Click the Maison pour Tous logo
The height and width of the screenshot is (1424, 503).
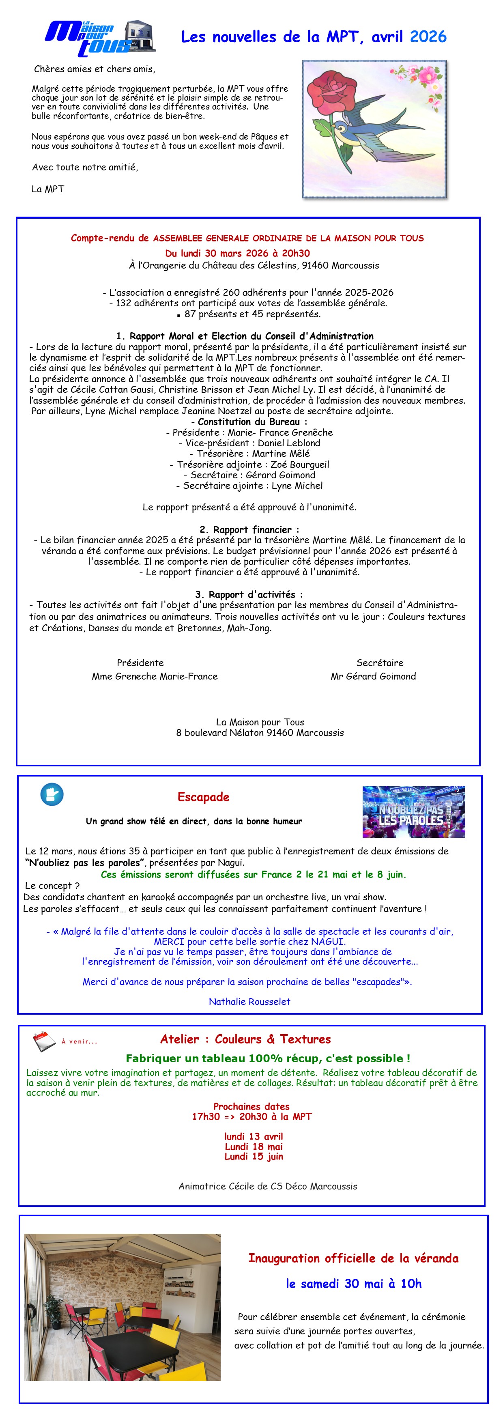click(99, 38)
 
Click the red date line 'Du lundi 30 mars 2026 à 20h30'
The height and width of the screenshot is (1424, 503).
click(238, 253)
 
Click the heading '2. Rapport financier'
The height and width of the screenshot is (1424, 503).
click(249, 529)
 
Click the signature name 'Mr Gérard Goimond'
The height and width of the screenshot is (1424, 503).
click(373, 675)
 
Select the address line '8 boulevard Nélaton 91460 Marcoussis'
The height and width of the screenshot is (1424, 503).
click(260, 732)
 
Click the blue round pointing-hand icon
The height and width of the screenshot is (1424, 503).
click(52, 794)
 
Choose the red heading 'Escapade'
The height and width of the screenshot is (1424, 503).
click(203, 796)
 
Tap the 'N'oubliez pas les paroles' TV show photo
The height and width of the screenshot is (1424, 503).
click(413, 811)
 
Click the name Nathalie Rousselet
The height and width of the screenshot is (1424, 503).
click(249, 1001)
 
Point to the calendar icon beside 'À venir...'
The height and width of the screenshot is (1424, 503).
click(44, 1041)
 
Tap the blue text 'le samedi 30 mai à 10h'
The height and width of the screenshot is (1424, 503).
click(353, 1284)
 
